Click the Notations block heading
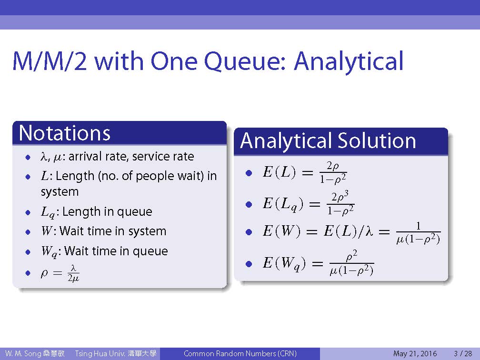[65, 133]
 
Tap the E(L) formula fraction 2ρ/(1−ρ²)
[333, 173]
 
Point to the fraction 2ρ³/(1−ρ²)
[340, 203]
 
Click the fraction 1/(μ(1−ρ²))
[418, 233]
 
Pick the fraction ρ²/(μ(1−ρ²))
[351, 263]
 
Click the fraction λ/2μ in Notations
[73, 273]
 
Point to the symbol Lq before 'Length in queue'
[48, 212]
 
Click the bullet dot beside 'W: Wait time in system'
[28, 232]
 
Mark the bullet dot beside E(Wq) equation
[249, 264]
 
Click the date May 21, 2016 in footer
[415, 354]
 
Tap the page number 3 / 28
[463, 353]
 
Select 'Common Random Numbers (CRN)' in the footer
[240, 353]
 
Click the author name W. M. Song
[23, 354]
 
